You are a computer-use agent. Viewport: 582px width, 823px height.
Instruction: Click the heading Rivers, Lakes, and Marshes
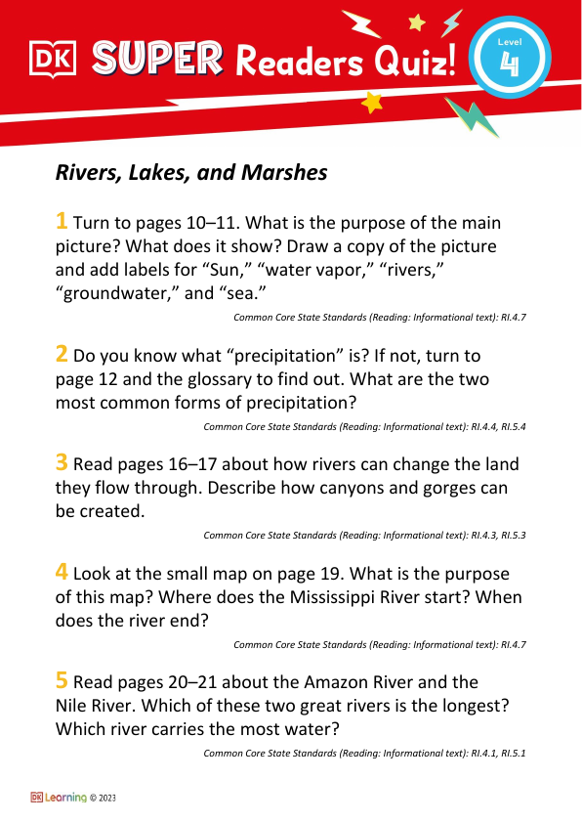pos(191,173)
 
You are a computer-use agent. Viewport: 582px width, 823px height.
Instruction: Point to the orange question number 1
pos(62,221)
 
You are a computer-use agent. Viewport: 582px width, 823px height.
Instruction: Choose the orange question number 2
pos(62,355)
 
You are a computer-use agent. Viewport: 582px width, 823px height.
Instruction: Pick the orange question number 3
pos(62,463)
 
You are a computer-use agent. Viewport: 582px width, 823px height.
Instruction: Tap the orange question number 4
pos(62,573)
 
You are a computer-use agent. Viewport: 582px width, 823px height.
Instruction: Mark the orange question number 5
pos(62,681)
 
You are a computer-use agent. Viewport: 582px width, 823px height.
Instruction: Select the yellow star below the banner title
pos(371,103)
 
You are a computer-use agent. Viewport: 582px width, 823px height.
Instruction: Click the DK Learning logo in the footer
pos(59,798)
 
